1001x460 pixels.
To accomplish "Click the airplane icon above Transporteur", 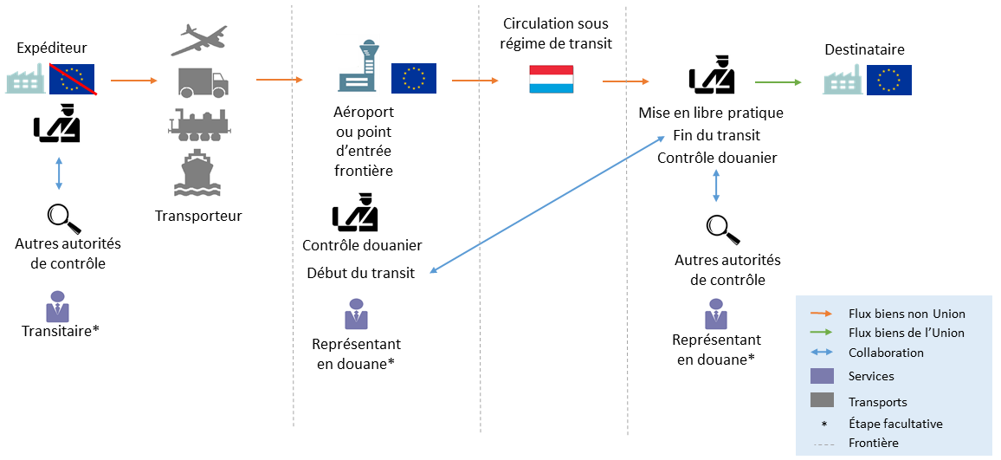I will click(x=200, y=39).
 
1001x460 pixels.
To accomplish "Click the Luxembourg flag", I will click(x=551, y=79).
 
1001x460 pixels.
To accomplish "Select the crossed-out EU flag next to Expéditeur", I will click(x=73, y=79).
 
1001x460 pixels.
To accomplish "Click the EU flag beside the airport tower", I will click(x=413, y=78).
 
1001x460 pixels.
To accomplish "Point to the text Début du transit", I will click(x=361, y=273).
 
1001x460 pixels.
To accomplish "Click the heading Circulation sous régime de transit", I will click(x=555, y=32).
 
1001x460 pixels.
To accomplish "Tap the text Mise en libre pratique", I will click(x=711, y=113).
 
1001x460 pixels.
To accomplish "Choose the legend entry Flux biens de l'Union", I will click(x=906, y=333).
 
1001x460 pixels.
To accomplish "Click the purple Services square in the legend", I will click(x=821, y=376).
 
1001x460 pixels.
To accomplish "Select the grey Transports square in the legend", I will click(x=821, y=400).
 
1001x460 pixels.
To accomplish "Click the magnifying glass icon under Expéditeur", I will click(x=59, y=215).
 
